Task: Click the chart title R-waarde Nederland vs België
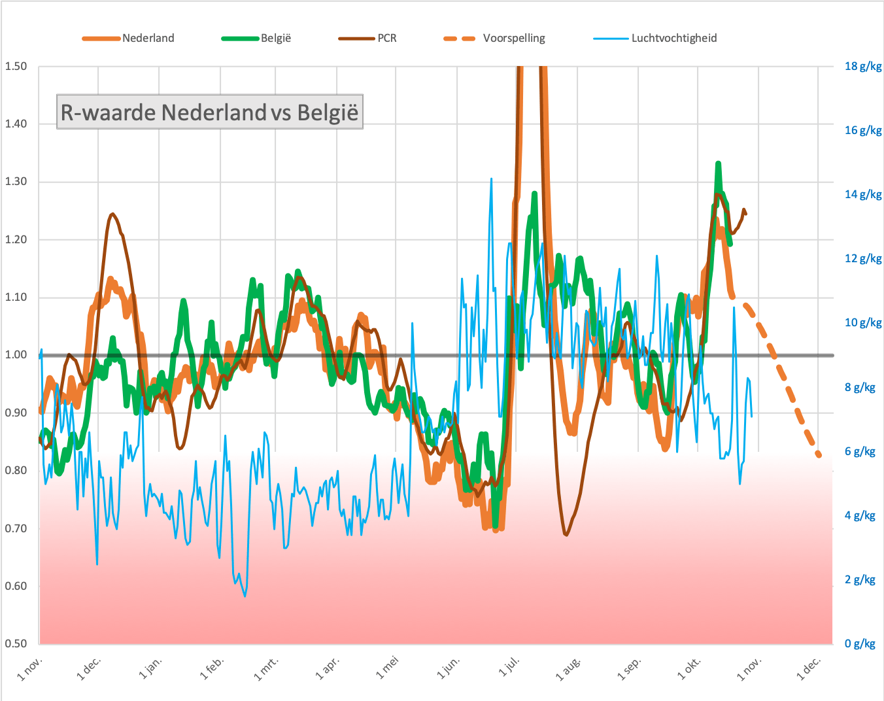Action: coord(209,112)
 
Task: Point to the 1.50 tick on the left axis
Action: coord(16,66)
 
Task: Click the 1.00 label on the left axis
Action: coord(16,355)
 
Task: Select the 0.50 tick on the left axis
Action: coord(16,643)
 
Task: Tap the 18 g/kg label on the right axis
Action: coord(863,66)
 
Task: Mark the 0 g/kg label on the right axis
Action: coord(860,643)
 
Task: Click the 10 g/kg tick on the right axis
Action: coord(863,322)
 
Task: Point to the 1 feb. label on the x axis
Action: coord(212,668)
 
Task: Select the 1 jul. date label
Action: coord(509,667)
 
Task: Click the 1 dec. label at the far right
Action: coord(808,668)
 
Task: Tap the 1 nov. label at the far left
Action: coord(29,668)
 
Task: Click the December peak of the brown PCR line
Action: coord(112,214)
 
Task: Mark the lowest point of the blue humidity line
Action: coord(245,596)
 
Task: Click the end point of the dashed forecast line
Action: coord(819,454)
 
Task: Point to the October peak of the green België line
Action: coord(718,163)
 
